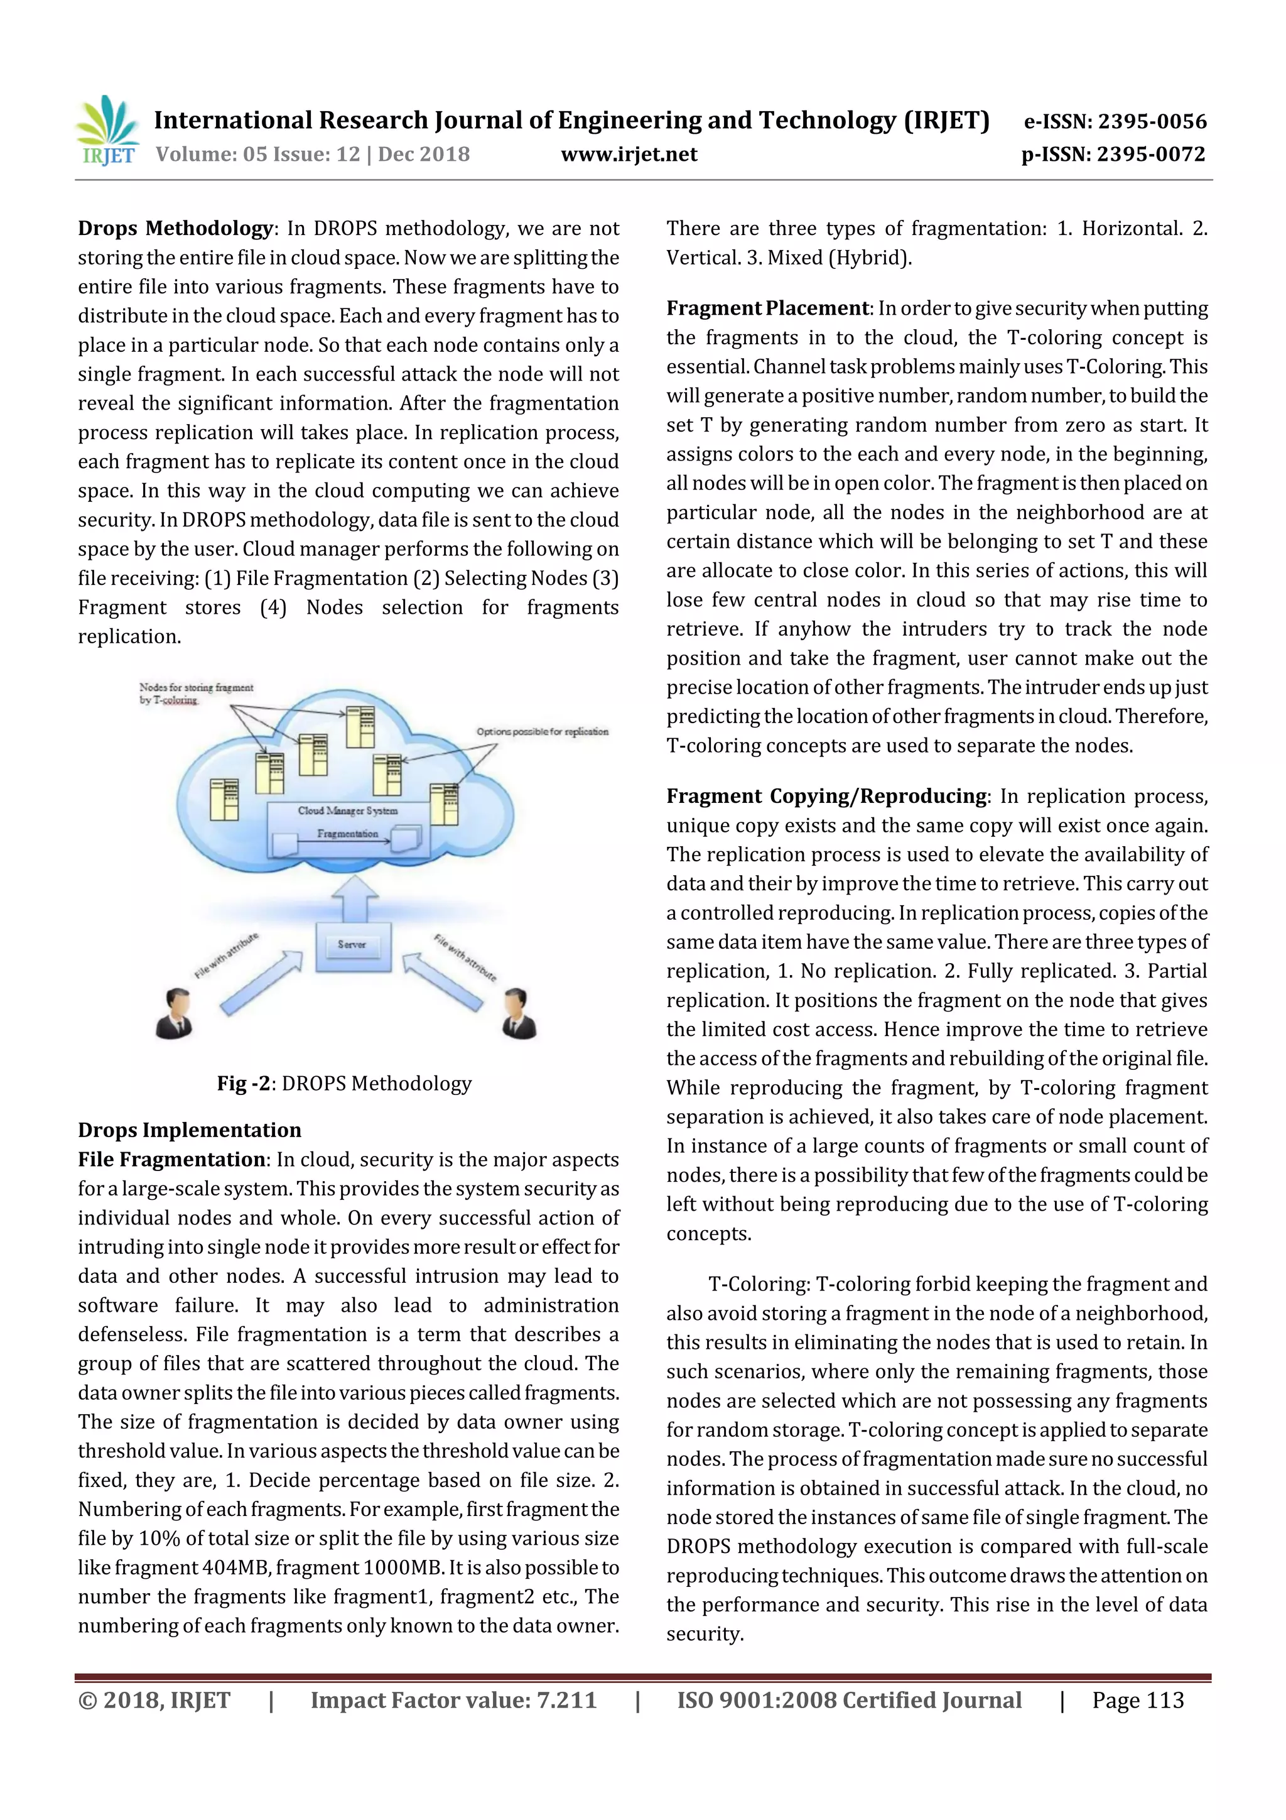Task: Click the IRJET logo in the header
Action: [x=109, y=130]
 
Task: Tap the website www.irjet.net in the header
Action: [x=629, y=154]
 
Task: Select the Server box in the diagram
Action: [x=353, y=945]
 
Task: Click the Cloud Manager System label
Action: [x=347, y=811]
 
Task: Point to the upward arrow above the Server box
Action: [x=354, y=896]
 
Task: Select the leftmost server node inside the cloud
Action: [x=224, y=799]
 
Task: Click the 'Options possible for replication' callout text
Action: [x=542, y=732]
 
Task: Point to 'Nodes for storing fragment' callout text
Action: [x=196, y=688]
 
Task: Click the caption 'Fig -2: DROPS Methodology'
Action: [x=344, y=1084]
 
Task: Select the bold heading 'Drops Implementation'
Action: [x=190, y=1130]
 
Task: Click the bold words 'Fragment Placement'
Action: [x=767, y=308]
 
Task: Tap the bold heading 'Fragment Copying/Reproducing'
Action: [x=826, y=796]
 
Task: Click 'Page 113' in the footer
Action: [x=1137, y=1699]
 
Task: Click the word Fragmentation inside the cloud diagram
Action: [x=347, y=834]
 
